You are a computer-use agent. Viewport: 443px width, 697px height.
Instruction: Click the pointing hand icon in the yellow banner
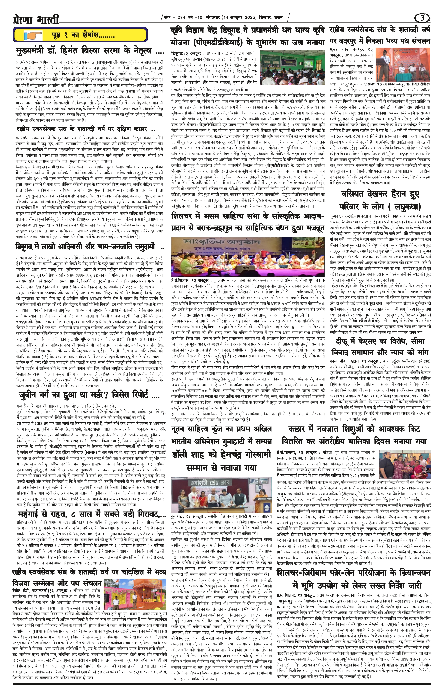pyautogui.click(x=33, y=36)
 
